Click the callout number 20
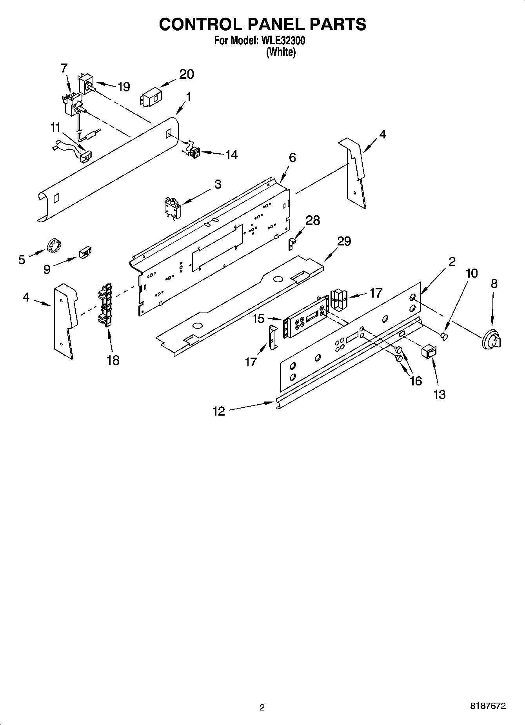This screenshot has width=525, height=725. click(x=187, y=74)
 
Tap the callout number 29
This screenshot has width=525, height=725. click(x=344, y=241)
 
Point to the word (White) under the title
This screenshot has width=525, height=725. click(x=280, y=52)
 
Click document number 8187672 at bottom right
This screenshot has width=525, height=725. click(x=488, y=706)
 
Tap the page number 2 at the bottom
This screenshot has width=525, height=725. click(x=262, y=707)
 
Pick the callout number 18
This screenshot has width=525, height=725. click(x=113, y=360)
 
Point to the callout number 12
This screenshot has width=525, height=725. click(x=219, y=411)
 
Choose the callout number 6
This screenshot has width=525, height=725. click(x=292, y=158)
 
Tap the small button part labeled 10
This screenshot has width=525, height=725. click(x=444, y=336)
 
